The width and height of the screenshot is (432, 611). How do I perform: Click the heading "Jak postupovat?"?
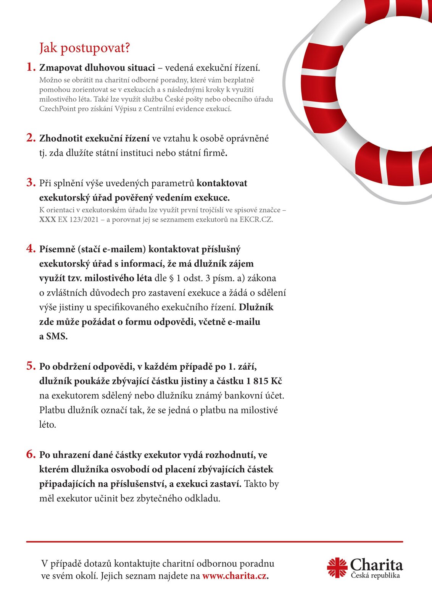click(x=85, y=48)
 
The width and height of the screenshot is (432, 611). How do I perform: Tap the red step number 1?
click(x=31, y=67)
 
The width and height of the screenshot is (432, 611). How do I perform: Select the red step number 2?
click(x=31, y=138)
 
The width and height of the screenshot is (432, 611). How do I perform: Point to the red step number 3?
click(x=31, y=183)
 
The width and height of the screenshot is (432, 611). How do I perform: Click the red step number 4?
click(x=31, y=249)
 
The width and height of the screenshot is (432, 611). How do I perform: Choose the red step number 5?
click(x=31, y=366)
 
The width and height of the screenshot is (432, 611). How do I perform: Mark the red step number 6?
click(x=31, y=454)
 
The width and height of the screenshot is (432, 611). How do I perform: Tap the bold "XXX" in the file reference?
click(x=47, y=220)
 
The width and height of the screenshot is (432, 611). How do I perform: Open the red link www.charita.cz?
click(x=234, y=576)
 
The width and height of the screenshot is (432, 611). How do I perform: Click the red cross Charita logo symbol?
click(x=337, y=568)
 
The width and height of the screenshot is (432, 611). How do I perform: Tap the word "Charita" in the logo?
click(x=376, y=565)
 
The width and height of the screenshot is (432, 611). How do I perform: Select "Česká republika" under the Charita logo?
click(x=376, y=575)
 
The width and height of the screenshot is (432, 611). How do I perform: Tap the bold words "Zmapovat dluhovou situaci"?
click(x=97, y=68)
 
